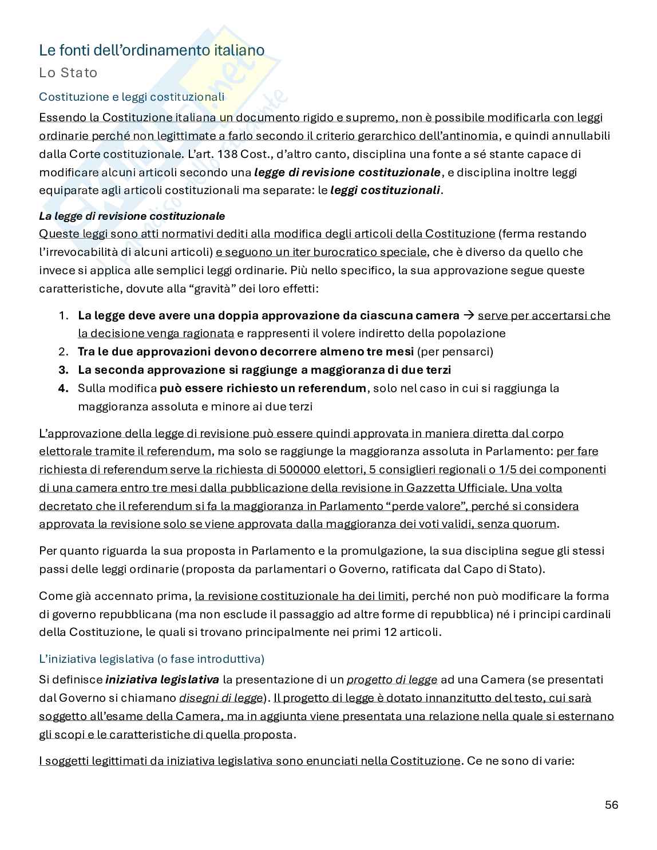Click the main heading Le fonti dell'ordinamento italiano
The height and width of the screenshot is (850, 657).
coord(152,50)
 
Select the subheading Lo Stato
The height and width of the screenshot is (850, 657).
coord(68,73)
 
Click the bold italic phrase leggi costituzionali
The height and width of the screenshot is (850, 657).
coord(385,190)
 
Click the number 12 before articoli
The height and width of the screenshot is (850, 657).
coord(400,632)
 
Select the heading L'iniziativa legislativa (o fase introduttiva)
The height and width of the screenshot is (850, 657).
coord(152,659)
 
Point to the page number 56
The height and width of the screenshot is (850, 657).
coord(611,805)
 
